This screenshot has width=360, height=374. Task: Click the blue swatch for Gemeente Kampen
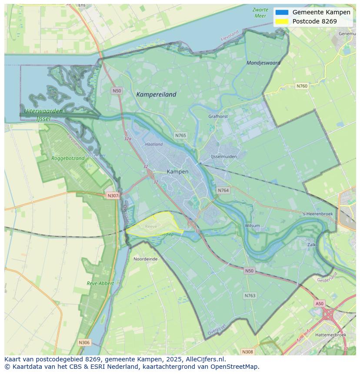click(x=282, y=13)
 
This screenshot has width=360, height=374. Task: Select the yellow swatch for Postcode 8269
click(x=282, y=21)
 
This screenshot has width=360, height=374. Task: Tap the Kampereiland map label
click(x=156, y=94)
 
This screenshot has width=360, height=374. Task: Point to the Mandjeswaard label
click(x=263, y=63)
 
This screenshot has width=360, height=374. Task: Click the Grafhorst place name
click(x=218, y=116)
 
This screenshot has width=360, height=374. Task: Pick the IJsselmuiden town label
click(x=224, y=156)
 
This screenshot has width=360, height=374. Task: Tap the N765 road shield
click(x=180, y=136)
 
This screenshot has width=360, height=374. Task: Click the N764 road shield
click(x=223, y=190)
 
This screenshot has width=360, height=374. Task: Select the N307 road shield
click(x=113, y=195)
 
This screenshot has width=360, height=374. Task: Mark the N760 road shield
click(x=302, y=86)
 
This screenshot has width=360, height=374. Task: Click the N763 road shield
click(x=250, y=295)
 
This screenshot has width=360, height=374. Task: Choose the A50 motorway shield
click(x=320, y=304)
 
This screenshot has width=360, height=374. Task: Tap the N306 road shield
click(x=84, y=343)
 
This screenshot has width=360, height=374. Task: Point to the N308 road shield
click(x=247, y=352)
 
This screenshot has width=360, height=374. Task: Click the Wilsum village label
click(x=252, y=226)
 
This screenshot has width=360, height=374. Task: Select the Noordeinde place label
click(x=146, y=259)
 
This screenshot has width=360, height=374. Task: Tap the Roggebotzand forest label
click(x=68, y=159)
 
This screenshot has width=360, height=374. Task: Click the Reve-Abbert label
click(x=100, y=283)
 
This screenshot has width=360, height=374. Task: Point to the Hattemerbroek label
click(x=331, y=335)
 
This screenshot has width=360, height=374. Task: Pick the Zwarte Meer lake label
click(x=260, y=13)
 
